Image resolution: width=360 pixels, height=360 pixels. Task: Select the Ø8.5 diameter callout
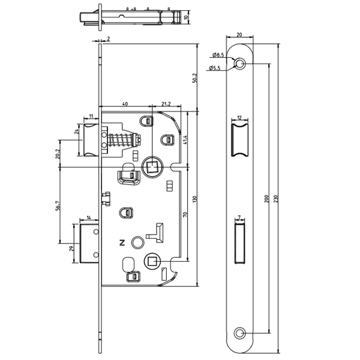[217, 55]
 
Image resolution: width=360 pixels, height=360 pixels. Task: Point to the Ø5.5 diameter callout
[217, 68]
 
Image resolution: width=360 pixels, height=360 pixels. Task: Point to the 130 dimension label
[194, 199]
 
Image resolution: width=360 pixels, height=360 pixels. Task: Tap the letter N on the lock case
[122, 243]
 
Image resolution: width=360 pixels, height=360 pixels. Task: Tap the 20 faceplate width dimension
[239, 35]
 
